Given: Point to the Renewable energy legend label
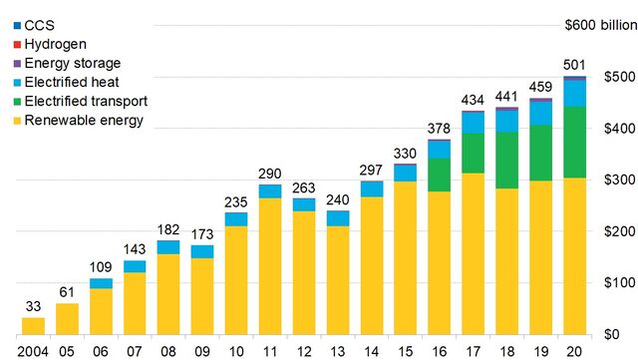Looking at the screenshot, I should [x=78, y=121].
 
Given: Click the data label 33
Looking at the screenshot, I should [x=33, y=306].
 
